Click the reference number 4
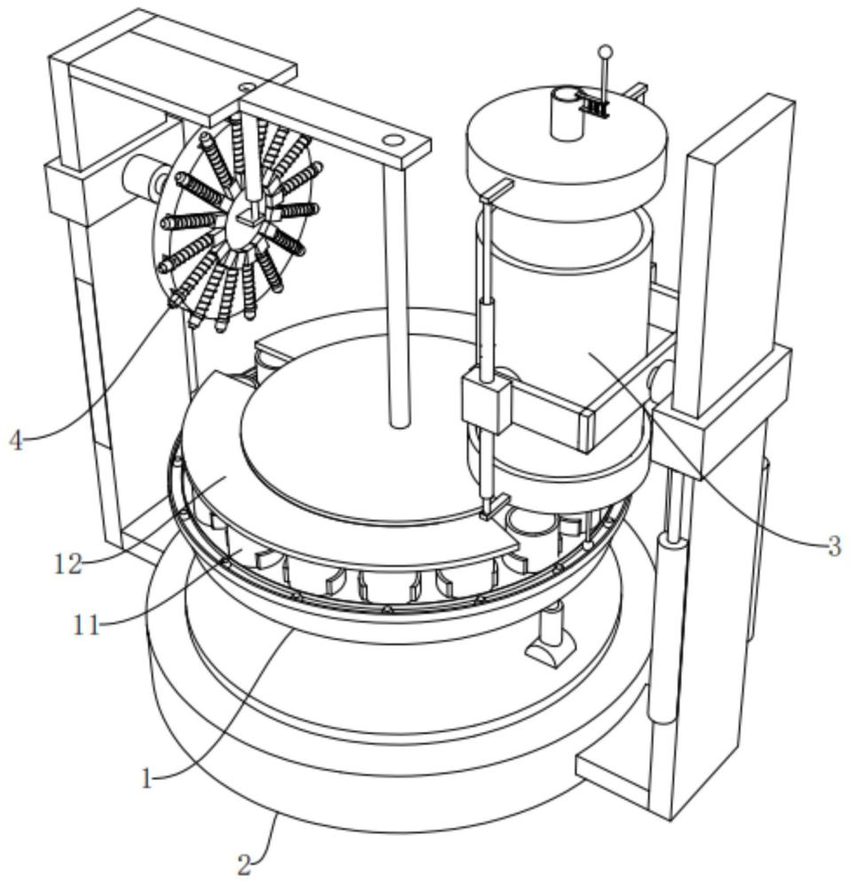(x=17, y=440)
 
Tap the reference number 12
(x=68, y=563)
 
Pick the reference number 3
(x=834, y=547)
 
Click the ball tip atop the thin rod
(x=606, y=52)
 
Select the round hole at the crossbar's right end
(x=391, y=139)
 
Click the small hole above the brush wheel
(x=246, y=88)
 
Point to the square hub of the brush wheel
(x=247, y=216)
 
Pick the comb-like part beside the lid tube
(x=597, y=106)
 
